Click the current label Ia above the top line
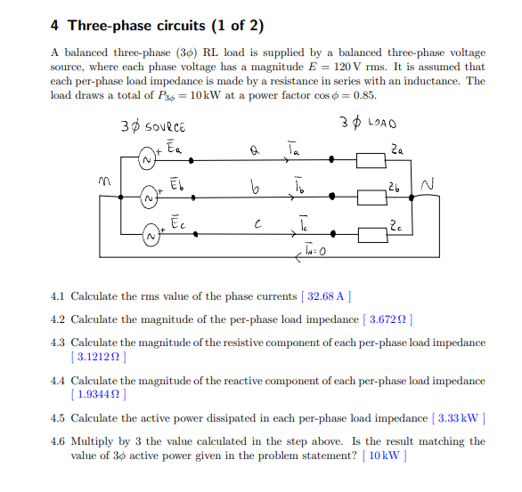pos(293,149)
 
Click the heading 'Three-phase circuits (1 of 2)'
pos(169,25)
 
